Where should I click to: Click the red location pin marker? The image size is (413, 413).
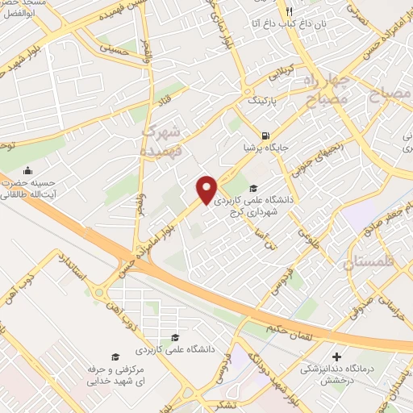click(x=206, y=189)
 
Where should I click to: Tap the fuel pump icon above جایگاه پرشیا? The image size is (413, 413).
click(x=265, y=136)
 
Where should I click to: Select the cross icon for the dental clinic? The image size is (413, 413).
click(x=336, y=356)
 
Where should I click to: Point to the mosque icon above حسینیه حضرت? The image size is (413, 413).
click(x=29, y=171)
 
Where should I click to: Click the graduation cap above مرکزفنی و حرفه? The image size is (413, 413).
click(x=115, y=356)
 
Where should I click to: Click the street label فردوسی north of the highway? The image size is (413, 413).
click(x=293, y=279)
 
